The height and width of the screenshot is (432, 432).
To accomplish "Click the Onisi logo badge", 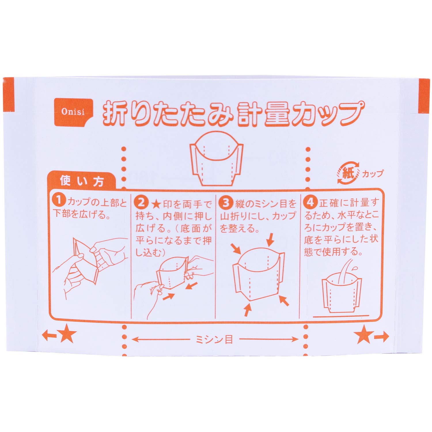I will pyautogui.click(x=73, y=111).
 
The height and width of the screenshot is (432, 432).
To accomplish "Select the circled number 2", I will pyautogui.click(x=141, y=203).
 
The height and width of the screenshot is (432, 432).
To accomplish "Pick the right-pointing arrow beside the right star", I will pyautogui.click(x=382, y=336).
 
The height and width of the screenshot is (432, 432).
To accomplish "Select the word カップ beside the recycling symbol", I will pyautogui.click(x=373, y=173).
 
